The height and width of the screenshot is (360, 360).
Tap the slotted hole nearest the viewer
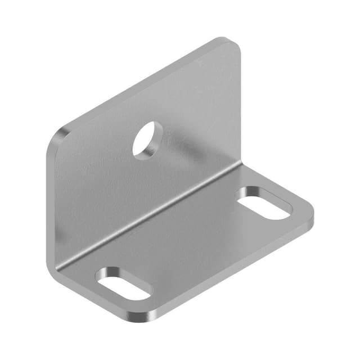(124, 283)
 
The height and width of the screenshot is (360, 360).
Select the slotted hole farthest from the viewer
(264, 203)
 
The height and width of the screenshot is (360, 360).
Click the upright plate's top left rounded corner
(60, 135)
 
